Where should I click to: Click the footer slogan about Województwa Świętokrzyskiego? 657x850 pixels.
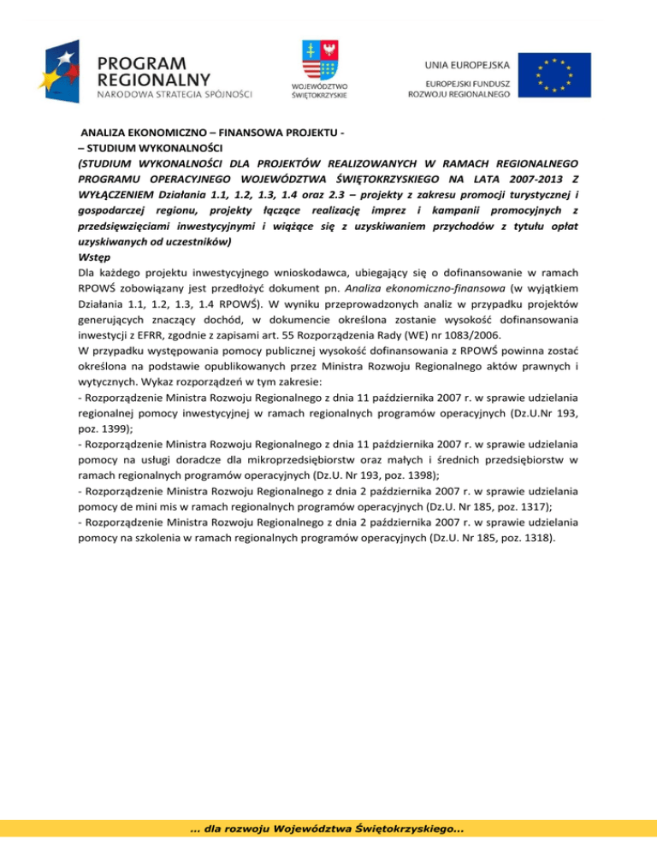[328, 831]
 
